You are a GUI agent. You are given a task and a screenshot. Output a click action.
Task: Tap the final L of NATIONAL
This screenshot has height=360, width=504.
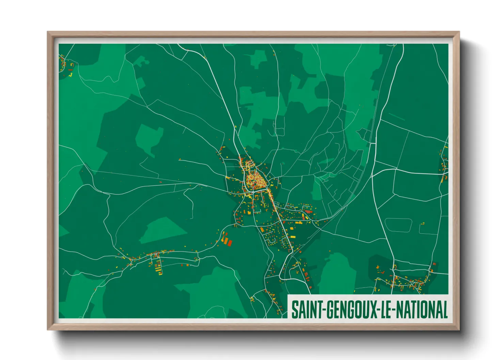[444, 310]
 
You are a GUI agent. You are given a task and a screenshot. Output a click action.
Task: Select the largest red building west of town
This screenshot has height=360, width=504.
[229, 243]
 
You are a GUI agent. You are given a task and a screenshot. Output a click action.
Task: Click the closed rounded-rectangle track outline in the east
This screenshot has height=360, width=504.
[398, 225]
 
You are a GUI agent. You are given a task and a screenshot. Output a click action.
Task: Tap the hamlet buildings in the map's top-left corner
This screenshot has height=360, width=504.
[65, 65]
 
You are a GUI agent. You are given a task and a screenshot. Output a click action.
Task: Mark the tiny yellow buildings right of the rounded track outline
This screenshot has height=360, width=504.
[423, 224]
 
